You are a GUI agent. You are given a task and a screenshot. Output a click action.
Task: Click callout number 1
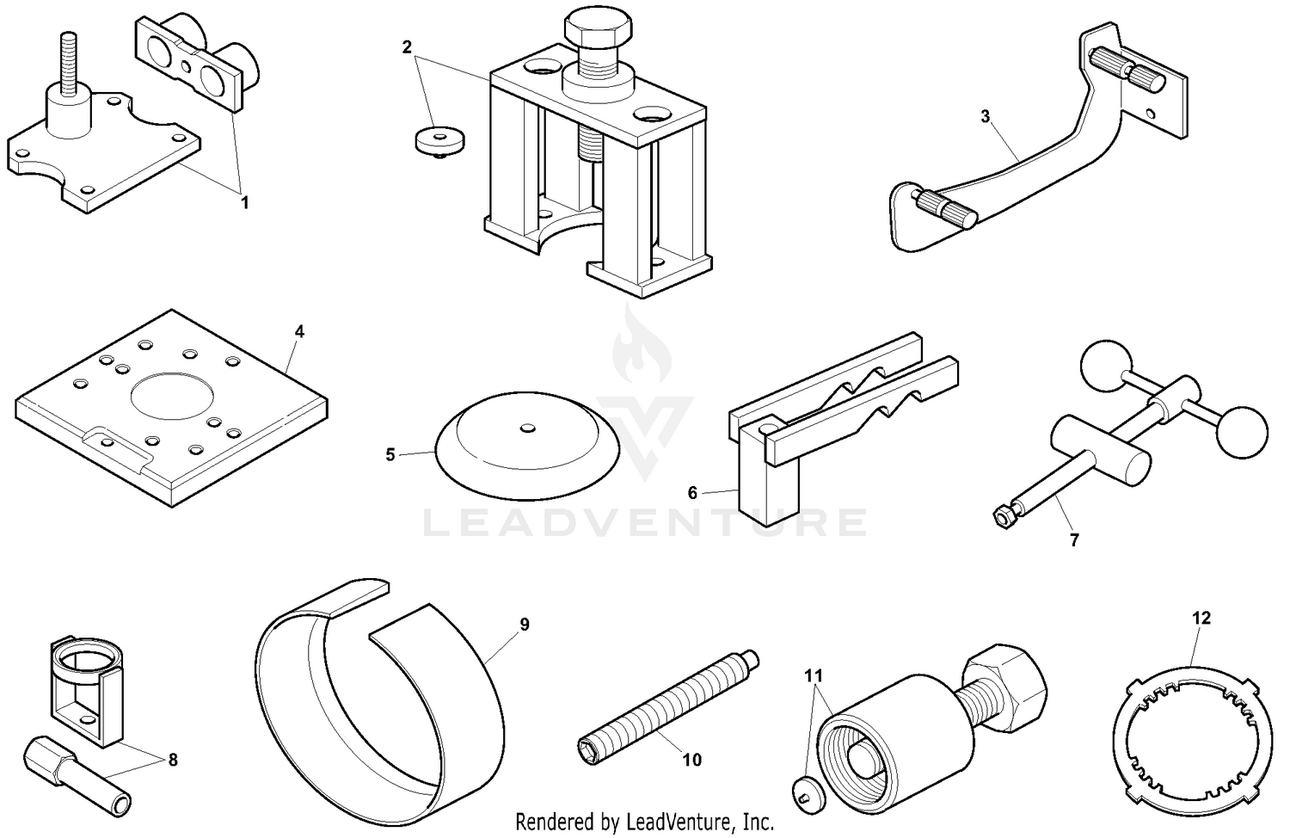click(x=244, y=203)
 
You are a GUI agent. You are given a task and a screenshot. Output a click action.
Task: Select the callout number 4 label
click(x=299, y=331)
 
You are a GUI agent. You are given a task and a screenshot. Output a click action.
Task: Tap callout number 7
click(x=1073, y=540)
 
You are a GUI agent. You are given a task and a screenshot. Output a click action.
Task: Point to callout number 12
click(x=1201, y=618)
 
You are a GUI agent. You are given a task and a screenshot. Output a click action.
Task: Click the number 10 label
click(x=691, y=760)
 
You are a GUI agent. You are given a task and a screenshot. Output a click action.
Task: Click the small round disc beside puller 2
click(x=435, y=141)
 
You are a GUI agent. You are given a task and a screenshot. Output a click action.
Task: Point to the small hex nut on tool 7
click(x=1003, y=516)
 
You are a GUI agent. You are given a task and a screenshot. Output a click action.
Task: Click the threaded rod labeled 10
click(x=666, y=698)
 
